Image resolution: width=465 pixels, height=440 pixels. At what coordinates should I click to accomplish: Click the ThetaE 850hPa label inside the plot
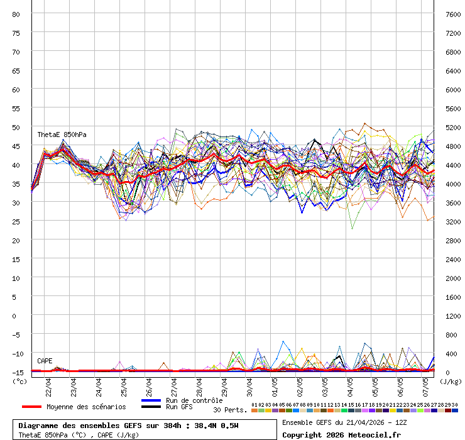tap(62, 135)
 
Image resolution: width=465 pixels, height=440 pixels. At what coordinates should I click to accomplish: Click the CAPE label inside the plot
tap(45, 361)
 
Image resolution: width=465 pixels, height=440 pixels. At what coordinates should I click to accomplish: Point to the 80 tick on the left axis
tap(16, 14)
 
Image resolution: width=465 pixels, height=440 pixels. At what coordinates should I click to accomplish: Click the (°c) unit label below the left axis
tap(19, 381)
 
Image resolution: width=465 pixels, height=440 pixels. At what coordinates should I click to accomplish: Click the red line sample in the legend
tap(31, 407)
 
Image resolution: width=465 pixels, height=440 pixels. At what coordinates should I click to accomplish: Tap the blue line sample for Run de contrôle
tap(151, 400)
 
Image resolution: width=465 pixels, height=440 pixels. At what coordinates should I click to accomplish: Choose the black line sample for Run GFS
tap(151, 407)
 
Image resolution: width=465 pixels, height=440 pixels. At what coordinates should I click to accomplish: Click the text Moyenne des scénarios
tap(86, 407)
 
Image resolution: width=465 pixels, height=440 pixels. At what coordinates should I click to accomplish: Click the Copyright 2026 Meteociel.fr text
tap(341, 434)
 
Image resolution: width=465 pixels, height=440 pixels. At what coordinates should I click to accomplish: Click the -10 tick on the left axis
tap(16, 353)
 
